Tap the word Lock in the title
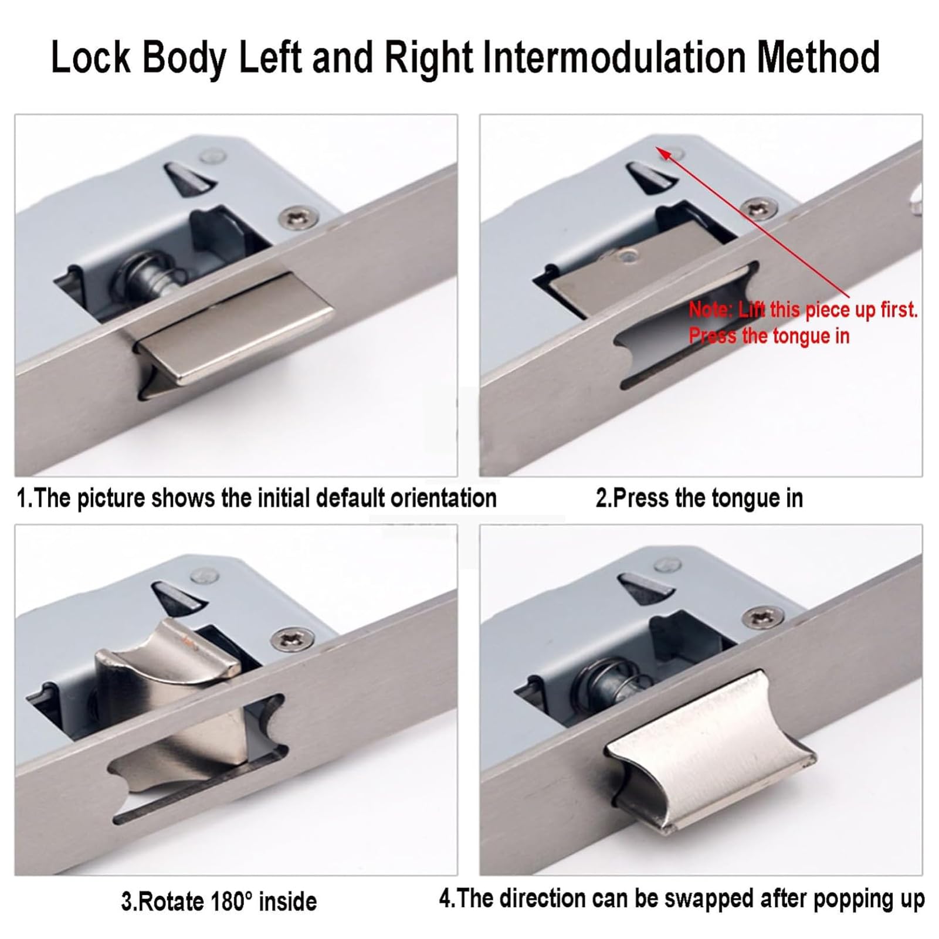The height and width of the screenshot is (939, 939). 91,57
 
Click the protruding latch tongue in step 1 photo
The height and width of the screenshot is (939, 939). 235,331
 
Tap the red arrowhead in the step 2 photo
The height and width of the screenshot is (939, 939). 663,154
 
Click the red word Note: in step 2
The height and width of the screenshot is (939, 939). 711,309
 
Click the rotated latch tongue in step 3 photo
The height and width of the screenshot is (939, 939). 176,704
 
